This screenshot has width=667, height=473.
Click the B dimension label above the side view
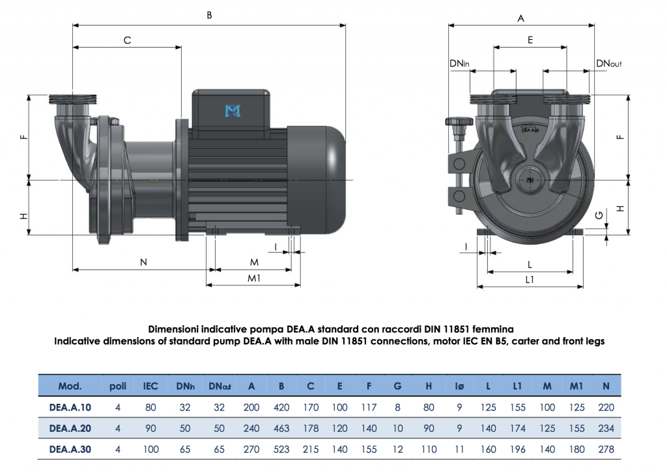pyautogui.click(x=209, y=15)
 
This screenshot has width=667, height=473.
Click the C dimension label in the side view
pyautogui.click(x=128, y=40)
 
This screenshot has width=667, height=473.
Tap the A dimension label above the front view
pyautogui.click(x=520, y=19)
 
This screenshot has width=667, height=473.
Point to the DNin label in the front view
pyautogui.click(x=459, y=64)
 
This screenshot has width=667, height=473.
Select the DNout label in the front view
pyautogui.click(x=608, y=64)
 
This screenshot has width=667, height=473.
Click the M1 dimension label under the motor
pyautogui.click(x=254, y=278)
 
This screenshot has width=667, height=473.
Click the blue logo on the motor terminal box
pyautogui.click(x=233, y=112)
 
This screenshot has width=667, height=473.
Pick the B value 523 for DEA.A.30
pyautogui.click(x=281, y=450)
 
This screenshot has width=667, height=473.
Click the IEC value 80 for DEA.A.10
pyautogui.click(x=150, y=407)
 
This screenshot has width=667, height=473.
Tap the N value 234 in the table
pyautogui.click(x=606, y=429)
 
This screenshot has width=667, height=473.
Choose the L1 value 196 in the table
pyautogui.click(x=517, y=450)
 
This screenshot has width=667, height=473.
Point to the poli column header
pyautogui.click(x=118, y=386)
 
